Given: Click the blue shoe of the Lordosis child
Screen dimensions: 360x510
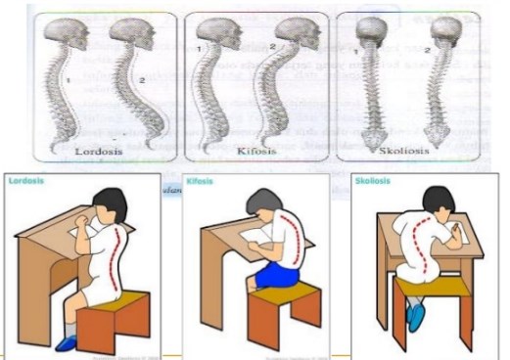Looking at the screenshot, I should pos(68,342).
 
